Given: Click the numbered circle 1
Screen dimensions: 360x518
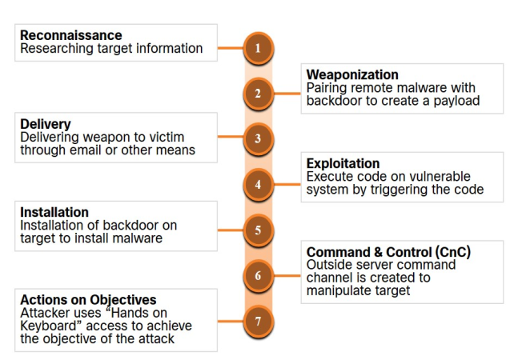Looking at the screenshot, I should tap(258, 48).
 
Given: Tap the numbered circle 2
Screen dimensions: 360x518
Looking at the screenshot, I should tap(258, 94).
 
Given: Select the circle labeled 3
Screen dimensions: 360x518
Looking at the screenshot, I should tap(258, 139).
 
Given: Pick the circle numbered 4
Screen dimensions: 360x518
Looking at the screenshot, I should tap(258, 185).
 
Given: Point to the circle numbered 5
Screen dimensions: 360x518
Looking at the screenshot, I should tap(258, 230).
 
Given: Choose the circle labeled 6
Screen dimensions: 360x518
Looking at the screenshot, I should tap(258, 276).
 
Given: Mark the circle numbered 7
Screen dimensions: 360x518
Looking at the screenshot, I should tap(258, 322).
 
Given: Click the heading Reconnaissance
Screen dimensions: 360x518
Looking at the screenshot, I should tap(71, 35).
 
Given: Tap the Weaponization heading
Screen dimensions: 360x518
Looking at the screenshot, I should tap(352, 75).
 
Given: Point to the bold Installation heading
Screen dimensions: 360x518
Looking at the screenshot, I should tap(54, 212).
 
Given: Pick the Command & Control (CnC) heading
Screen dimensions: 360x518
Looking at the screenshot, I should tap(388, 252).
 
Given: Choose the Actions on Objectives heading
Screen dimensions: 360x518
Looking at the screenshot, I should tap(88, 300).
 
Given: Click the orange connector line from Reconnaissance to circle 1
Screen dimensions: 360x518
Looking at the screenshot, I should tap(230, 48).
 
